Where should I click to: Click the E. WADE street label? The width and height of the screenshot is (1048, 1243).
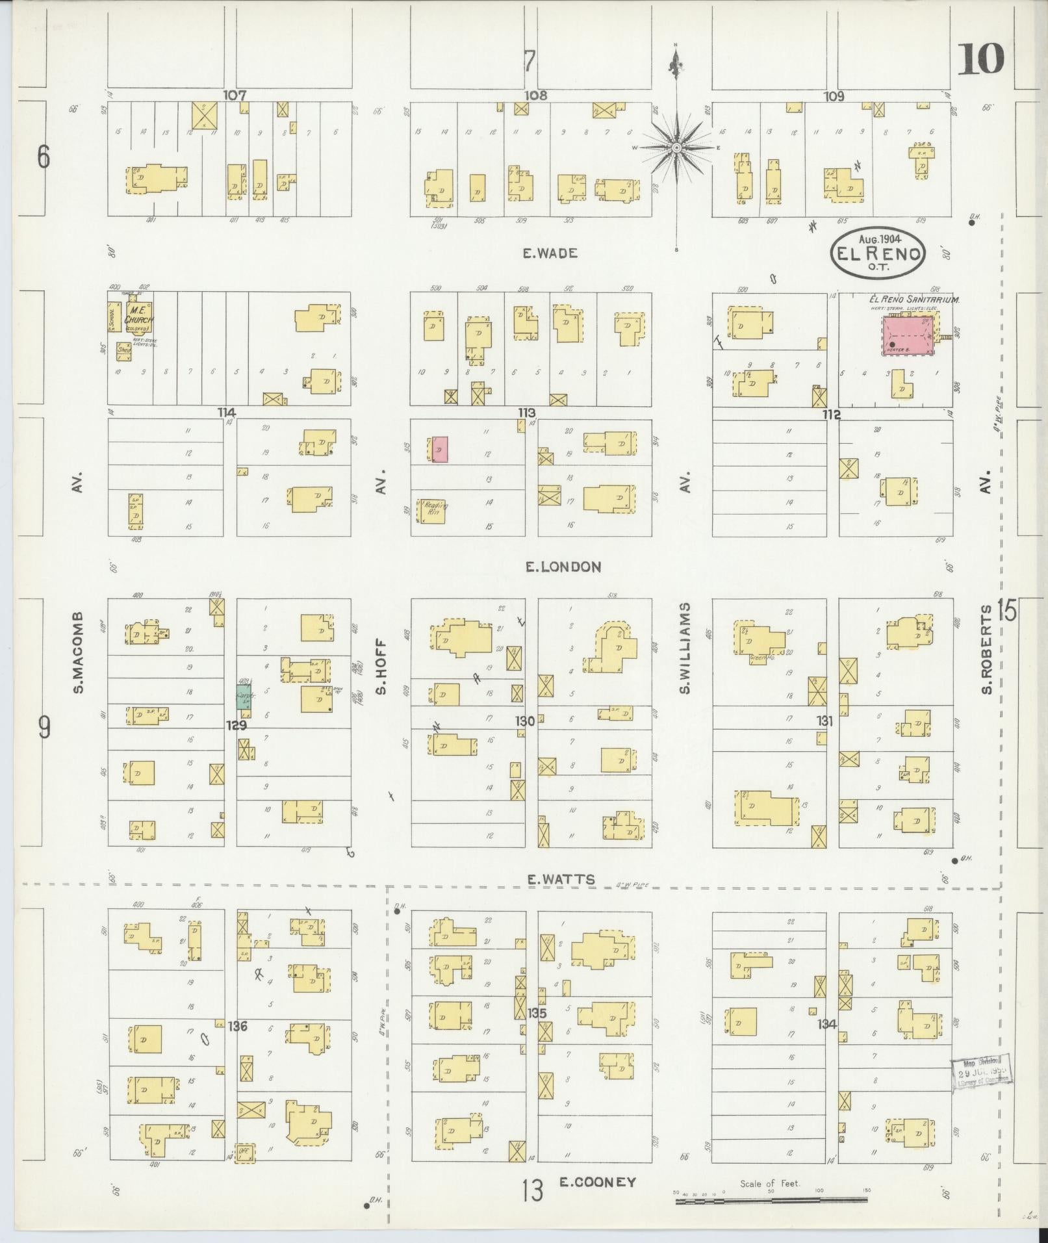click(x=550, y=253)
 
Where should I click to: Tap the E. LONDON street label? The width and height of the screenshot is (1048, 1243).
click(x=563, y=567)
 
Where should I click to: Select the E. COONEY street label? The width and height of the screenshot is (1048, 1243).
click(x=597, y=1182)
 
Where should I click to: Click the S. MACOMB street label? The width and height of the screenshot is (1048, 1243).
click(x=79, y=652)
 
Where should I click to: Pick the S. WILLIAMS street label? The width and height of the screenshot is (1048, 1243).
click(x=685, y=648)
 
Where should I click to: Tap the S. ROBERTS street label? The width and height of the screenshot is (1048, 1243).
click(x=987, y=650)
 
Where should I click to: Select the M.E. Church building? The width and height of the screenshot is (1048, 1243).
click(x=140, y=314)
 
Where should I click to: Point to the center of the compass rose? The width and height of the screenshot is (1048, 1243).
click(x=676, y=147)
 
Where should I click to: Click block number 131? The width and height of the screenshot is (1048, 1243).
click(x=824, y=721)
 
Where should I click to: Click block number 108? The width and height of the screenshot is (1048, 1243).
click(x=535, y=96)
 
